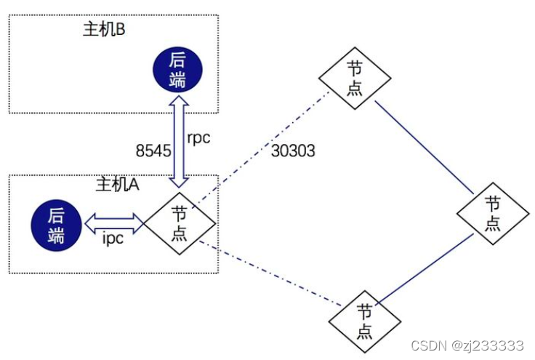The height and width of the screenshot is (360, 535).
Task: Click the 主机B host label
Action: pyautogui.click(x=106, y=31)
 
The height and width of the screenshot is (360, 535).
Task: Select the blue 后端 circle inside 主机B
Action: pyautogui.click(x=177, y=70)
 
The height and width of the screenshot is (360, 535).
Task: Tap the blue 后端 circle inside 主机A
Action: pyautogui.click(x=55, y=225)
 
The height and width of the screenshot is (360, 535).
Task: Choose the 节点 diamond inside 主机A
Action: pyautogui.click(x=179, y=223)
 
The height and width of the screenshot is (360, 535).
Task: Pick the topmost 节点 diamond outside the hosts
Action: pyautogui.click(x=355, y=78)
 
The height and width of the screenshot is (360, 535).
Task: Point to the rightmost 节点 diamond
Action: pyautogui.click(x=494, y=213)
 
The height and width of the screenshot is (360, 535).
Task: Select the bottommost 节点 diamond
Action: pyautogui.click(x=365, y=321)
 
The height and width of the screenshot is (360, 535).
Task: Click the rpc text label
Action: pyautogui.click(x=198, y=137)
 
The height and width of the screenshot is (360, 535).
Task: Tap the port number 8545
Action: pyautogui.click(x=153, y=151)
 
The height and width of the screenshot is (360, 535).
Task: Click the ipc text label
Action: pyautogui.click(x=113, y=238)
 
